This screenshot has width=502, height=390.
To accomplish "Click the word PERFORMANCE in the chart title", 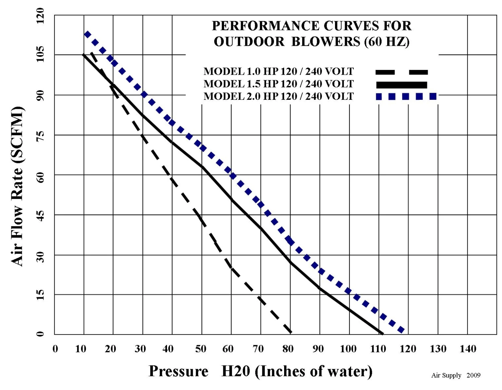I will pos(265,26).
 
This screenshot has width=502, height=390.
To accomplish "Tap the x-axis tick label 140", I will pos(468,349).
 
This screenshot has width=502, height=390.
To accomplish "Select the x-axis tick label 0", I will pos(55,349).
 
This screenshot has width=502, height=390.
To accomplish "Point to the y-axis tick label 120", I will pos(40,16).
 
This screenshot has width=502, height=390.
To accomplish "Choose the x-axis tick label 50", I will pos(201,349).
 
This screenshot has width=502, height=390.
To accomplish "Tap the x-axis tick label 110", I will pos(378,349).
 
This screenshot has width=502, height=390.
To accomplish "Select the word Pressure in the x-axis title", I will pos(178,371).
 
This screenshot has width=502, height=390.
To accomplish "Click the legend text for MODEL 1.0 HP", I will pos(278,71).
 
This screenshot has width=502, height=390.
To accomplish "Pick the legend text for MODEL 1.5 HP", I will pos(278,84).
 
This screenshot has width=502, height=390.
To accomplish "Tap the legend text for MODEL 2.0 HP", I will pos(278,96).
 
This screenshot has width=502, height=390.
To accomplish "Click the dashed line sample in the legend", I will pos(401,72).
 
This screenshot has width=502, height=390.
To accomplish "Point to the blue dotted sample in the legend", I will pos(406,96).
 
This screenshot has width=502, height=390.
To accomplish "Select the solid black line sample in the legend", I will pos(401,85).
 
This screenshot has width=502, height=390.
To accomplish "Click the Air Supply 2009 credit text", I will pos(455,375).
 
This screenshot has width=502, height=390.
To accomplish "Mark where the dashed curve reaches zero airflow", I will pos(290,333).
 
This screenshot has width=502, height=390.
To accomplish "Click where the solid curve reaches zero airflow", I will pos(382,333).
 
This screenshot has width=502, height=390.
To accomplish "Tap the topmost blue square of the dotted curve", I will pos(87,34).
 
